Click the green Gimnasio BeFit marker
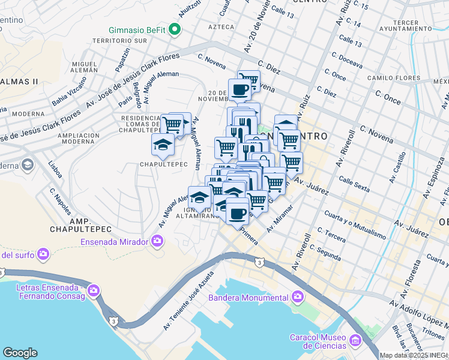point(175,29)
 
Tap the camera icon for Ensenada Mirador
point(157,241)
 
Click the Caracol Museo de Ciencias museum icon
point(355,341)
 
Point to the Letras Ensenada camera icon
point(93,291)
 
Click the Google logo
point(20,353)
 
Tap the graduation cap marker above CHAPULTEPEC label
point(162,143)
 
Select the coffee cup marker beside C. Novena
point(239,90)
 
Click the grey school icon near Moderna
point(27,164)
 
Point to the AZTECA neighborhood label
point(220,28)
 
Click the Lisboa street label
point(55,169)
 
